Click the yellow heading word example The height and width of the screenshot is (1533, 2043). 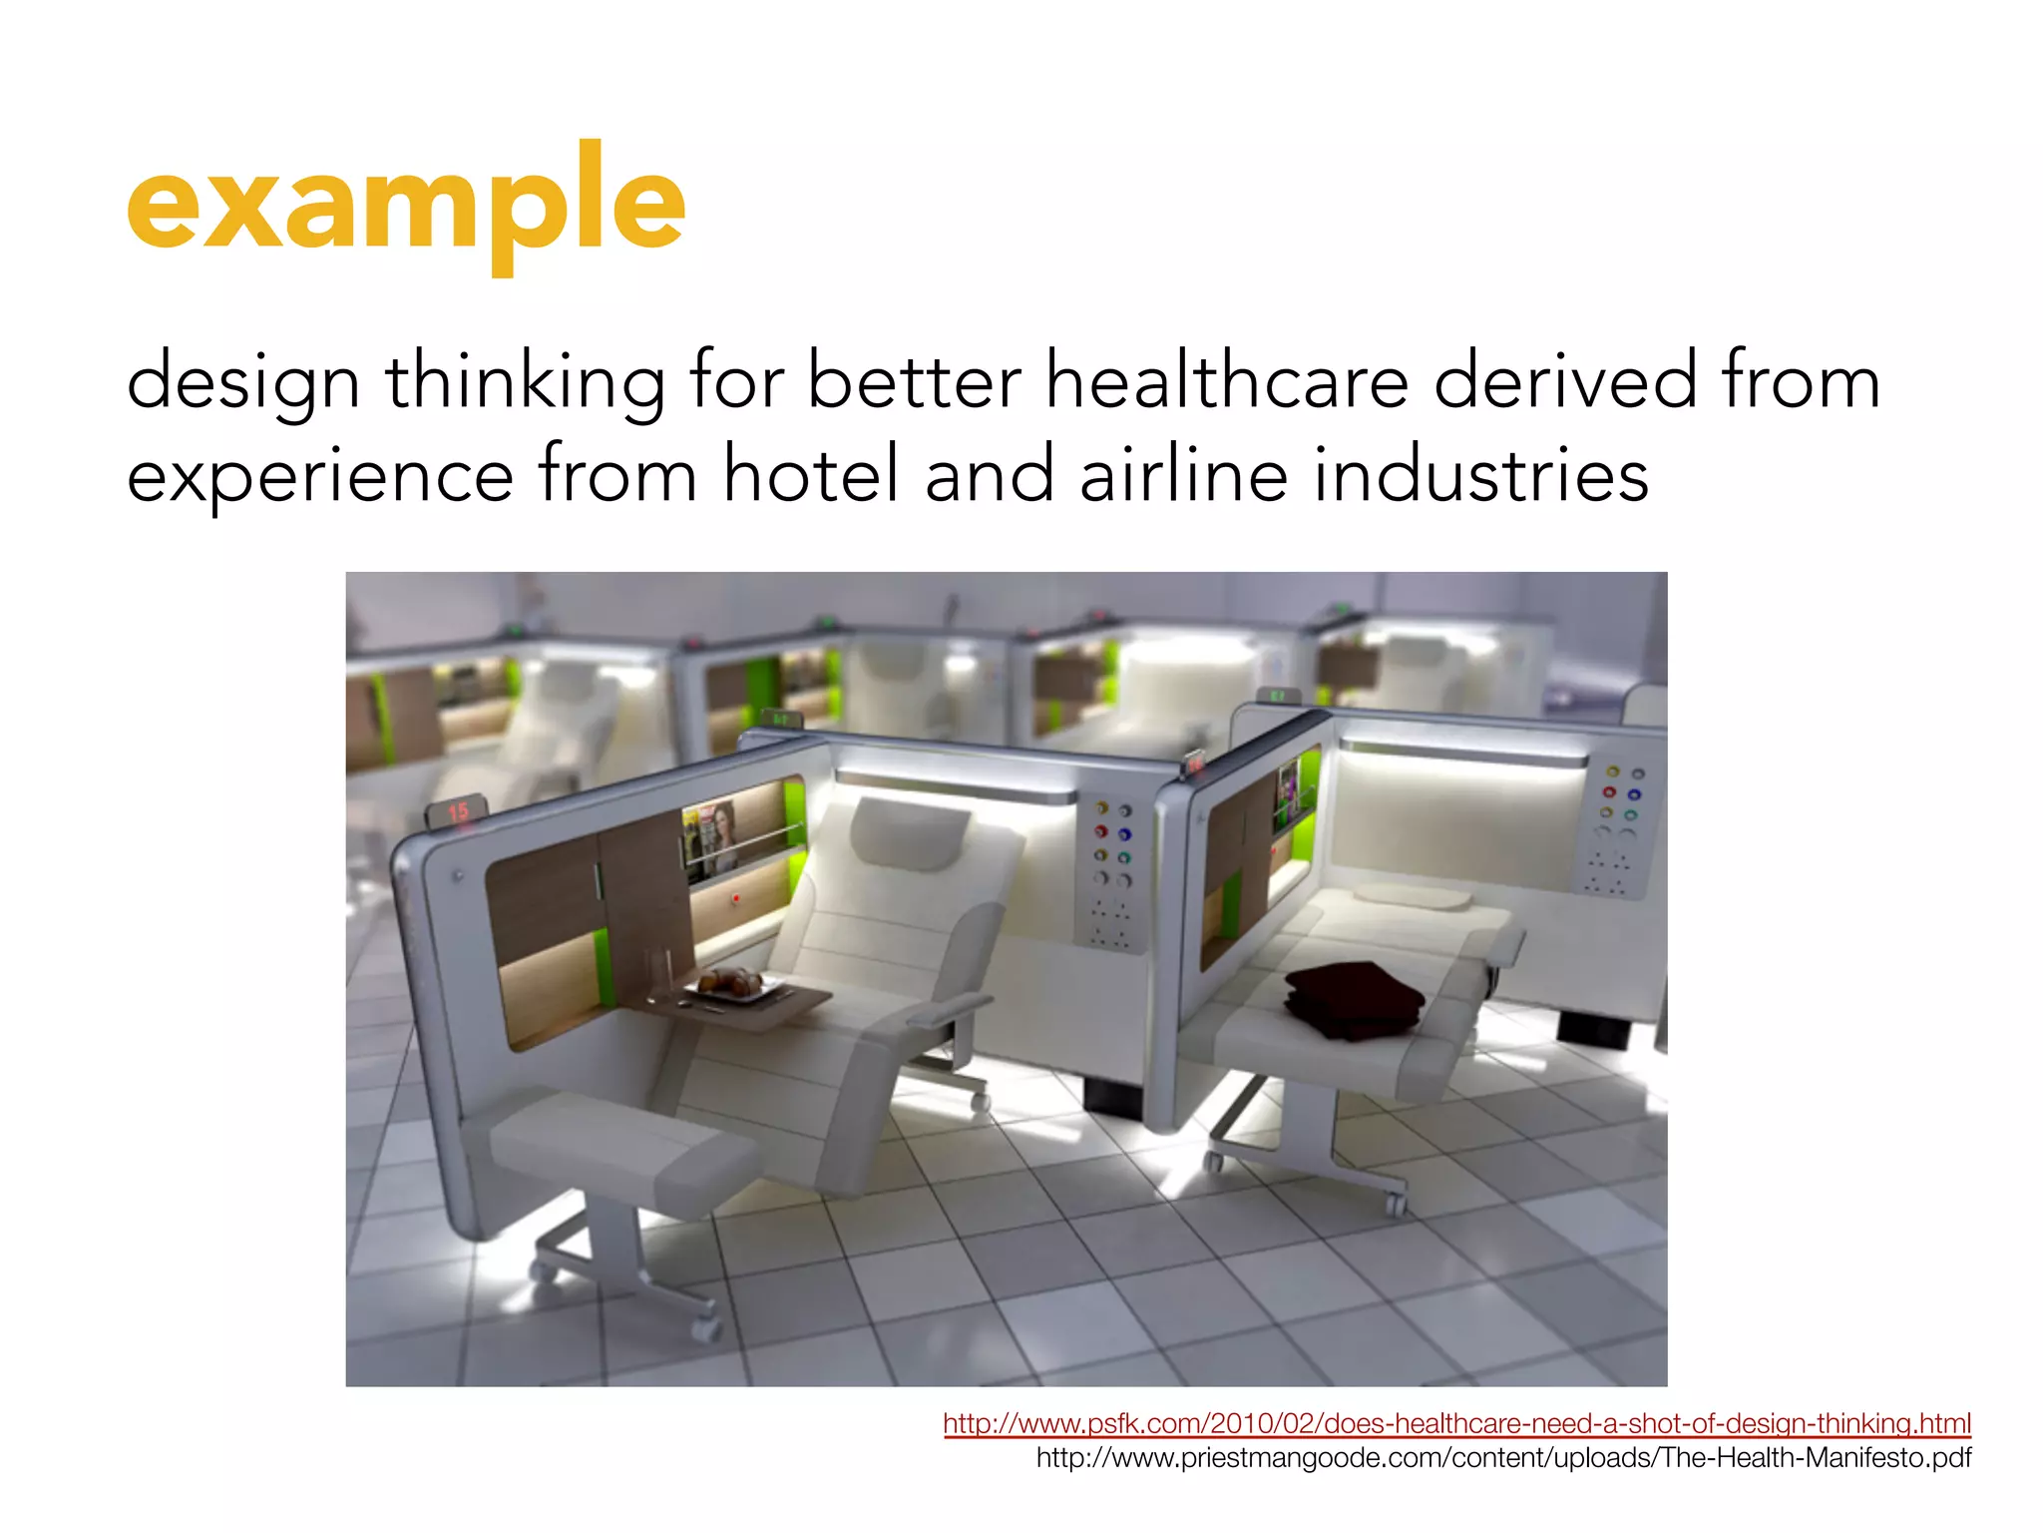point(405,205)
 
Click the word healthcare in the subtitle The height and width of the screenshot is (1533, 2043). point(1226,381)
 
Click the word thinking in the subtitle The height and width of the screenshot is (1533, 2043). point(526,383)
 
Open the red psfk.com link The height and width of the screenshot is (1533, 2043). point(1456,1423)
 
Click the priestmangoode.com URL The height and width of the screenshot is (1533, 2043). point(1503,1458)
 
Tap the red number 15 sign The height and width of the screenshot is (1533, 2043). point(458,812)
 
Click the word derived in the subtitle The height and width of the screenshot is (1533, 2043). point(1564,381)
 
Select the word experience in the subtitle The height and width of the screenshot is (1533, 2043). point(320,476)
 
